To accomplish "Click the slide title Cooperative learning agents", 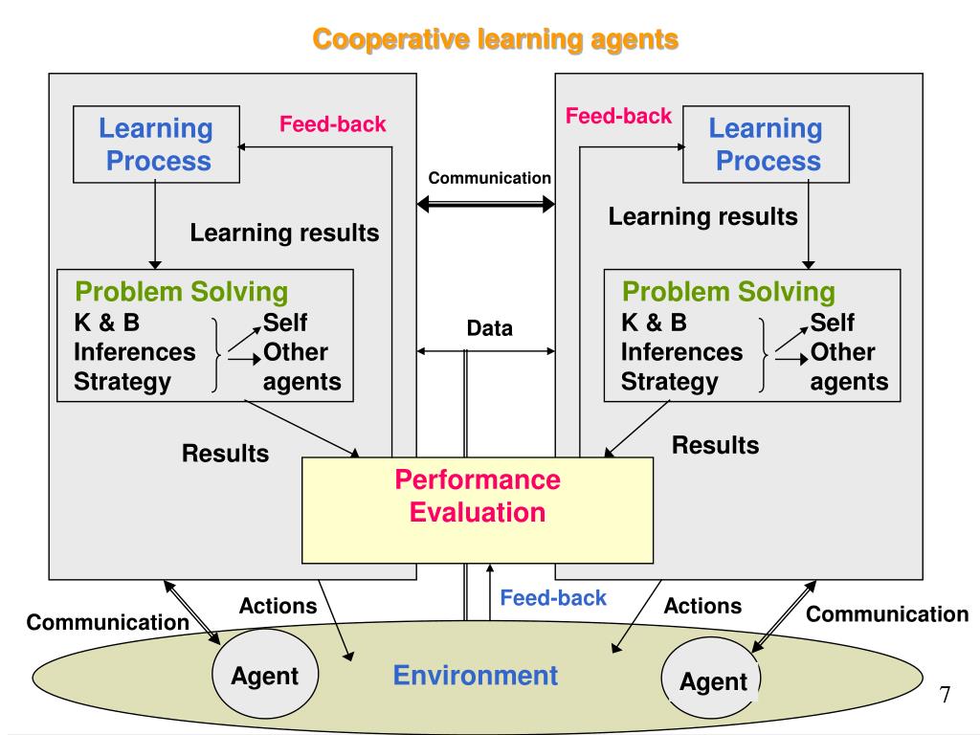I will pos(496,39).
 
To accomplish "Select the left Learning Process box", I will pos(156,145).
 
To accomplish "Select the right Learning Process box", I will pos(766,145).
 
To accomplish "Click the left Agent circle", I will pos(264,675).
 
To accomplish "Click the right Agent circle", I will pos(712,680).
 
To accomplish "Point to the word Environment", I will pos(476,676).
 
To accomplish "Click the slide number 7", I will pos(945,694).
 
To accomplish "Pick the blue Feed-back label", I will pos(553,598).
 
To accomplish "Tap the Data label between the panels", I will pos(490,328).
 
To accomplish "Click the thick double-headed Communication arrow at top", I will pos(486,203).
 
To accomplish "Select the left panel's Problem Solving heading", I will pos(182,291).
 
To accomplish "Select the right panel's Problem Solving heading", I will pos(729,291).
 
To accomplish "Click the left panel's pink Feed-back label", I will pos(332,123).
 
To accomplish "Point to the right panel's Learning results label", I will pos(702,216).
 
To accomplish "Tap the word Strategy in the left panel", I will pos(122,382).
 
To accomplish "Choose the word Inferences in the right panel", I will pos(681,352).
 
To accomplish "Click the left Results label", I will pos(226,453).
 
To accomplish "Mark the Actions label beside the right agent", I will pos(702,606).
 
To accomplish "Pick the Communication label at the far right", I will pos(887,614).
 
